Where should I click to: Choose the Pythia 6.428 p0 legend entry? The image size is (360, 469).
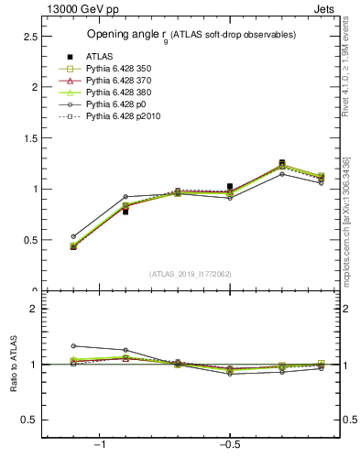pos(105,105)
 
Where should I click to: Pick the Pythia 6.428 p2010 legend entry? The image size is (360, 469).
pos(111,117)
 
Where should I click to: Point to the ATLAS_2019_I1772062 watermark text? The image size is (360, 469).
pos(191,274)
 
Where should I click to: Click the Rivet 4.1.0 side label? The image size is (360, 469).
pos(346,64)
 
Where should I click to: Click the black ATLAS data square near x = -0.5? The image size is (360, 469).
pos(230,186)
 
